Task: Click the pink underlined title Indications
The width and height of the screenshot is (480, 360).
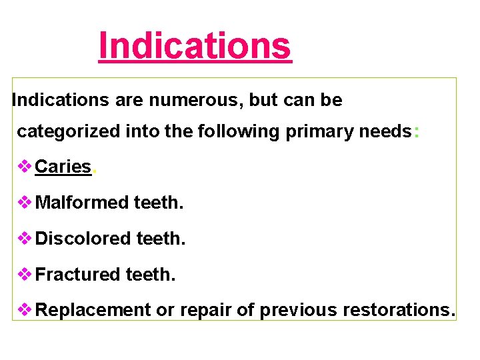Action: (195, 46)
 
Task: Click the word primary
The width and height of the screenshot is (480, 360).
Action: (319, 132)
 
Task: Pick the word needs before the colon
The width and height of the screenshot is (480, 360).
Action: (385, 132)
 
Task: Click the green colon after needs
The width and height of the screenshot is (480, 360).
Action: (417, 132)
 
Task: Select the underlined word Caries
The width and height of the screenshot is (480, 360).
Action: (63, 167)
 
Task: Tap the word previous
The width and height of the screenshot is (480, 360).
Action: (298, 310)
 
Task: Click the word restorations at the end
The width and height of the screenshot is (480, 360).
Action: (397, 310)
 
